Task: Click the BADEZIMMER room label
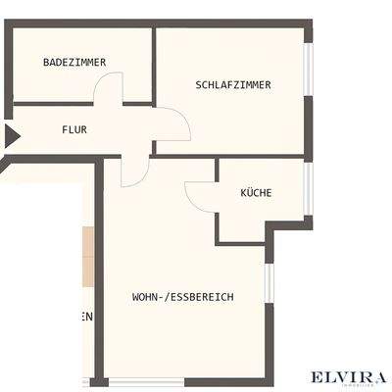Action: tap(74, 62)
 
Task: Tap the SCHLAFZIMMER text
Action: tap(233, 85)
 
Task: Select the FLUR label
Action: tap(75, 129)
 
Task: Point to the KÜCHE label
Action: tap(256, 193)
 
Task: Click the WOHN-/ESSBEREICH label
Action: tap(182, 296)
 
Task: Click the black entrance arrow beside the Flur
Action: tap(11, 135)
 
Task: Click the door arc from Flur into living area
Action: tap(134, 172)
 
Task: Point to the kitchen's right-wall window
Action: tap(308, 187)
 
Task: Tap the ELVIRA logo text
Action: tap(349, 376)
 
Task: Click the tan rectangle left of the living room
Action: tap(87, 255)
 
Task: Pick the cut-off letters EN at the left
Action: tap(86, 317)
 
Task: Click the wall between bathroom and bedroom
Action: tap(154, 64)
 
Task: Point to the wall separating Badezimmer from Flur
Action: tap(54, 103)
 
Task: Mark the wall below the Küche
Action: tap(240, 242)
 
